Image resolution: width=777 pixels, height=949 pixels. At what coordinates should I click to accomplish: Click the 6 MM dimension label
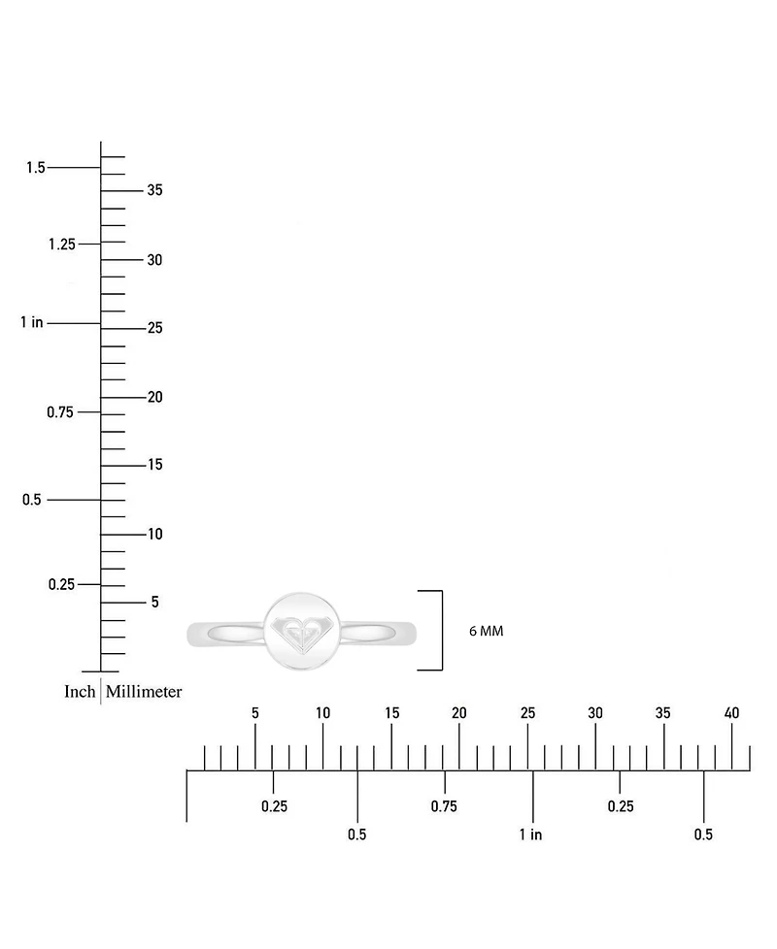click(x=486, y=631)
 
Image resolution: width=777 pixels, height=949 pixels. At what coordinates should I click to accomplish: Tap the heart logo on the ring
click(x=302, y=634)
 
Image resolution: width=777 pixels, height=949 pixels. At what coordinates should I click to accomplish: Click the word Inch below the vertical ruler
click(x=80, y=691)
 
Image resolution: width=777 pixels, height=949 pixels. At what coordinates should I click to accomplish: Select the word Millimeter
click(x=144, y=691)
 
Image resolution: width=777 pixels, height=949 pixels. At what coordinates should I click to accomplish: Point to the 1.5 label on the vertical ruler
click(x=35, y=167)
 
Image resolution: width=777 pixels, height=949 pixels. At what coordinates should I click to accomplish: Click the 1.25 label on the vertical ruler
click(x=62, y=244)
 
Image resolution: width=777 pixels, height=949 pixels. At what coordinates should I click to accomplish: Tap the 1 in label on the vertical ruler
click(x=31, y=322)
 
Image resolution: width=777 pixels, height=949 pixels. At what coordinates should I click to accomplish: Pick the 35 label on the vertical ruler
click(x=155, y=190)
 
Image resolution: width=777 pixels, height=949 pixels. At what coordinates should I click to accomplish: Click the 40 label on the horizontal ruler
click(x=731, y=713)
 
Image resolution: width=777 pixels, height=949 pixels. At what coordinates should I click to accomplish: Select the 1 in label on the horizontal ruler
click(x=530, y=834)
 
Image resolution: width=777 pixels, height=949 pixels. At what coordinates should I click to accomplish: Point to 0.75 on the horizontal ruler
click(x=444, y=806)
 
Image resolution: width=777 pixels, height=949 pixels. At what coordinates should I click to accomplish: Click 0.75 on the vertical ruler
click(x=60, y=412)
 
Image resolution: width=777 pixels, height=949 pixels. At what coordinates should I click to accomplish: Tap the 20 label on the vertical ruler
click(x=155, y=397)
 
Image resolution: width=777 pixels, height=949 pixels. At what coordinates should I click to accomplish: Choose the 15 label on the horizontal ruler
click(x=391, y=713)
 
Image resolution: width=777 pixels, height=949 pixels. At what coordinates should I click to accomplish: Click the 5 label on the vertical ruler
click(x=155, y=602)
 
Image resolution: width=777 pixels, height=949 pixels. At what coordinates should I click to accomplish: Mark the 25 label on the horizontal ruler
click(x=527, y=713)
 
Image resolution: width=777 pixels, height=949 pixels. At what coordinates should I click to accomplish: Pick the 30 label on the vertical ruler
click(x=155, y=260)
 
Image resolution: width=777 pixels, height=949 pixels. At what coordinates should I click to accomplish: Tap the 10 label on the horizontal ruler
click(x=322, y=713)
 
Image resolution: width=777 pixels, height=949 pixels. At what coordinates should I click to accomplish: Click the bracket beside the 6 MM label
click(x=442, y=630)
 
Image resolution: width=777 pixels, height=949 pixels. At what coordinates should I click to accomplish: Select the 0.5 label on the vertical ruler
click(x=31, y=500)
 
